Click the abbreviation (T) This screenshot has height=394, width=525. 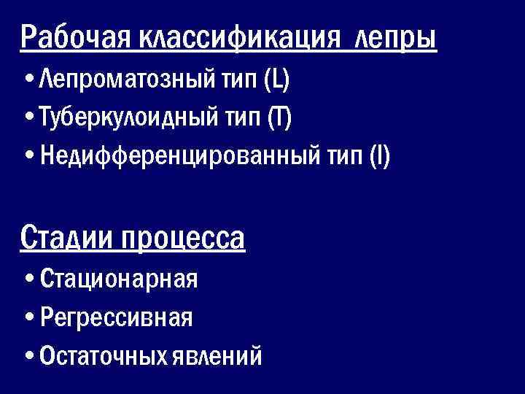279,117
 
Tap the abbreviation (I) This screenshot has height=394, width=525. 379,155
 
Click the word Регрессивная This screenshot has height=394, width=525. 117,317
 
